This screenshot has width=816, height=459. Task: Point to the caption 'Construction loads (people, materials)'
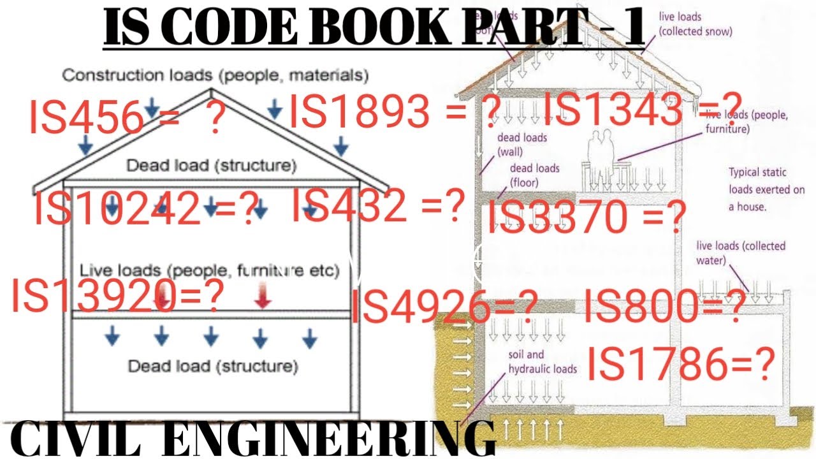(215, 75)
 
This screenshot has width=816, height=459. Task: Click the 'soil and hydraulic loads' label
(542, 361)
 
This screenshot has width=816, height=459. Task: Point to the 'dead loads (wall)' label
(521, 145)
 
